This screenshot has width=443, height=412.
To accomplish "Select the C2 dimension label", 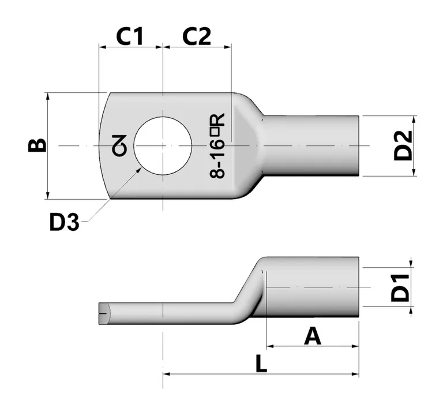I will click(x=197, y=36).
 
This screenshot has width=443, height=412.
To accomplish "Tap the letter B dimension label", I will click(x=36, y=144).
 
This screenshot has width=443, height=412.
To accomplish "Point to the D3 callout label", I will click(x=63, y=222).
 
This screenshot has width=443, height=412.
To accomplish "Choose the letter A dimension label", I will click(x=312, y=335).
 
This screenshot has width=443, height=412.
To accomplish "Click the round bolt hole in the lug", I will click(x=163, y=145).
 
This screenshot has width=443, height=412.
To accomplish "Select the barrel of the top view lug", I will click(x=311, y=145).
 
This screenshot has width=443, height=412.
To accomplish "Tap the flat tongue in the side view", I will click(x=167, y=313).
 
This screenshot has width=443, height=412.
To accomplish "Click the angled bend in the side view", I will click(x=251, y=291).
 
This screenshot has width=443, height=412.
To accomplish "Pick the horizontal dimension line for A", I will click(x=312, y=347).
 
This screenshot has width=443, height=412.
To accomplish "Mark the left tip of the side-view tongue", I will click(x=103, y=313).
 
